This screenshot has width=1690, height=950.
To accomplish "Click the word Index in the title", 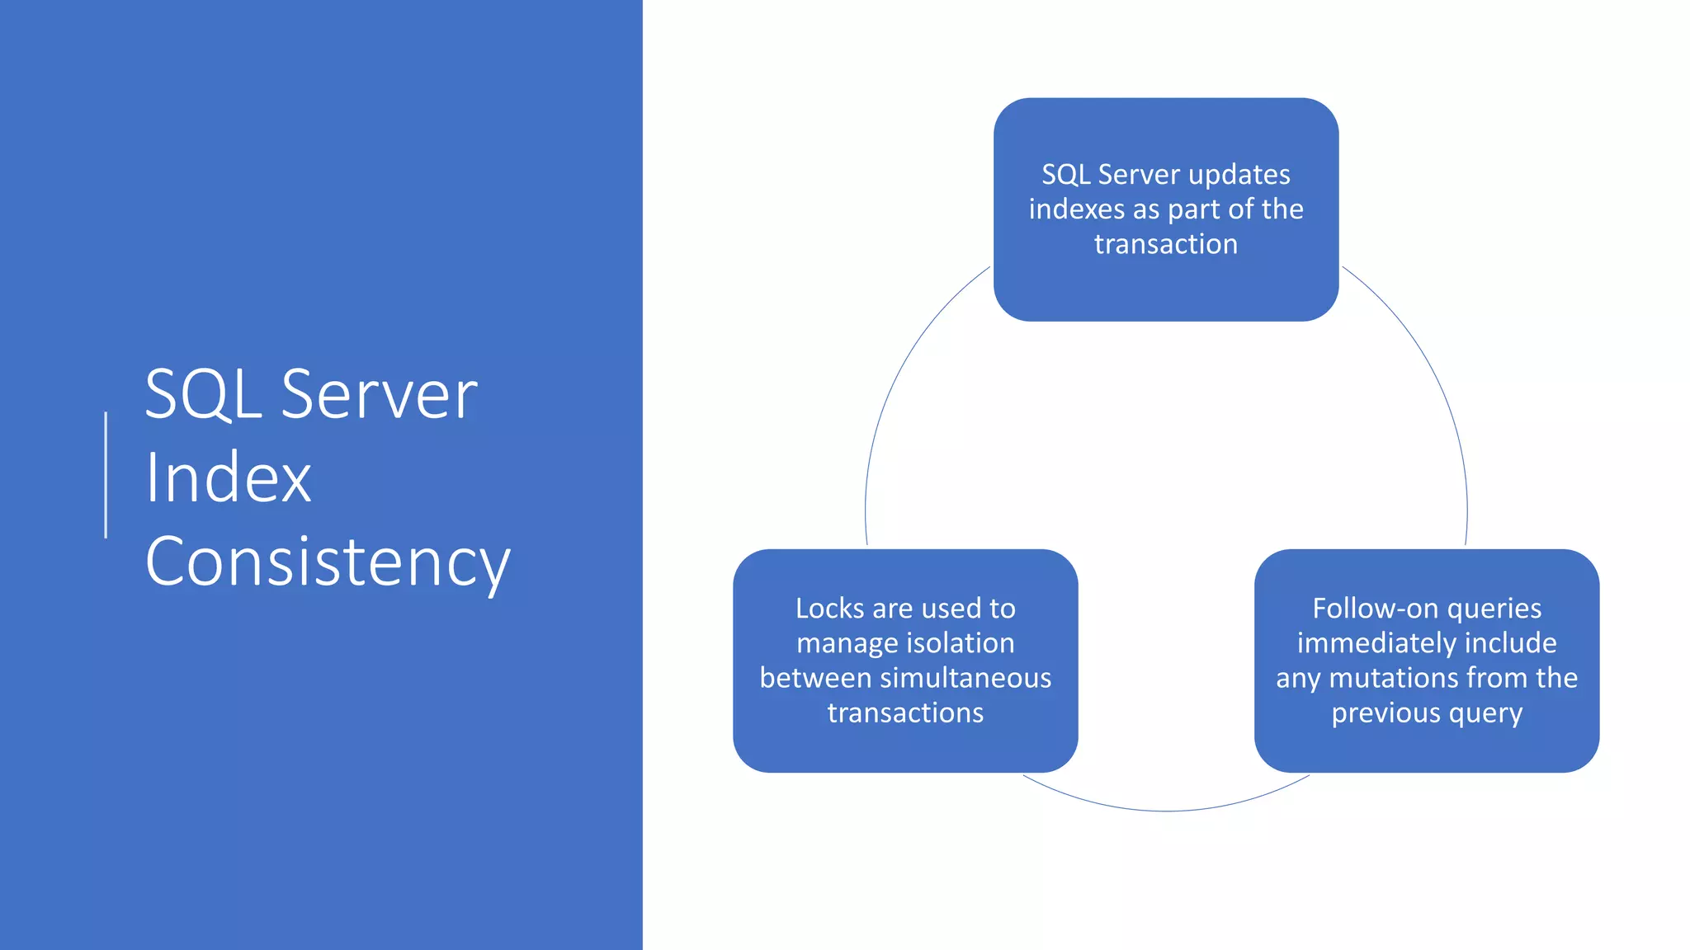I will pos(228,477).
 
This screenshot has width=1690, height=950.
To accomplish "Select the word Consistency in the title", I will pos(328,562).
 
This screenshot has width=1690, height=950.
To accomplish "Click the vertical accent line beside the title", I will pos(106,475).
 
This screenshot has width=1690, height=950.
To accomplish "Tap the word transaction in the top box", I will pos(1165,244).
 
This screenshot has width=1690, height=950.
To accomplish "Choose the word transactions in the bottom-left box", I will pos(905,712).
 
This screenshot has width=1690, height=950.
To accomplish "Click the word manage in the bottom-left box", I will pos(839,643).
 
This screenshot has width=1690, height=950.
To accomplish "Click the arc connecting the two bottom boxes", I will pos(1165,811).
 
